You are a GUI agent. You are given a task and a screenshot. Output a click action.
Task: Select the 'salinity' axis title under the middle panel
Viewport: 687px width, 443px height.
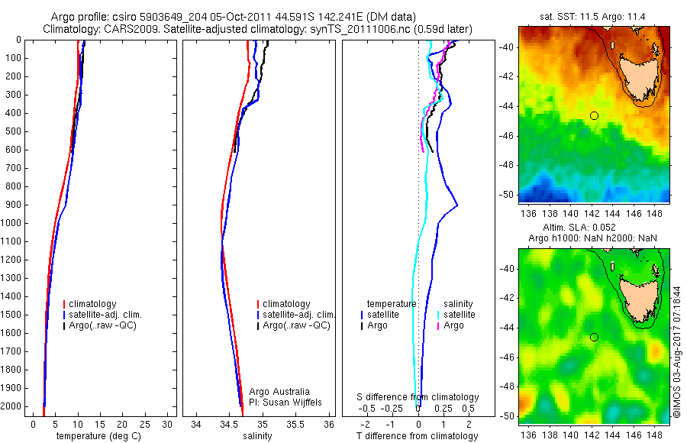[256, 436]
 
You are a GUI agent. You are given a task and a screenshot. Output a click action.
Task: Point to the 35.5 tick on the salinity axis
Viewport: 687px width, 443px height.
[296, 424]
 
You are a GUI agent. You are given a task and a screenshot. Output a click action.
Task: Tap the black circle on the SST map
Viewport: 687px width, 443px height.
[594, 115]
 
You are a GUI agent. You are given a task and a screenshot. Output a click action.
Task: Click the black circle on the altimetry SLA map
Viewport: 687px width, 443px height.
[594, 337]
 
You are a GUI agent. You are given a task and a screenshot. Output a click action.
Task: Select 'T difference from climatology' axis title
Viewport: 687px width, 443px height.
[418, 436]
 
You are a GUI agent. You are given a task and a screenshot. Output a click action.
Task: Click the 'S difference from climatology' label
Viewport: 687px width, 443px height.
[418, 397]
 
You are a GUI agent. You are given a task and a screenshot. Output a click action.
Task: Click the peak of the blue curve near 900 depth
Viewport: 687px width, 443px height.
[456, 205]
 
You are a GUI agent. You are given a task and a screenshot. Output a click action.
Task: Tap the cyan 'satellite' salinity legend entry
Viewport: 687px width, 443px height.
[459, 315]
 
